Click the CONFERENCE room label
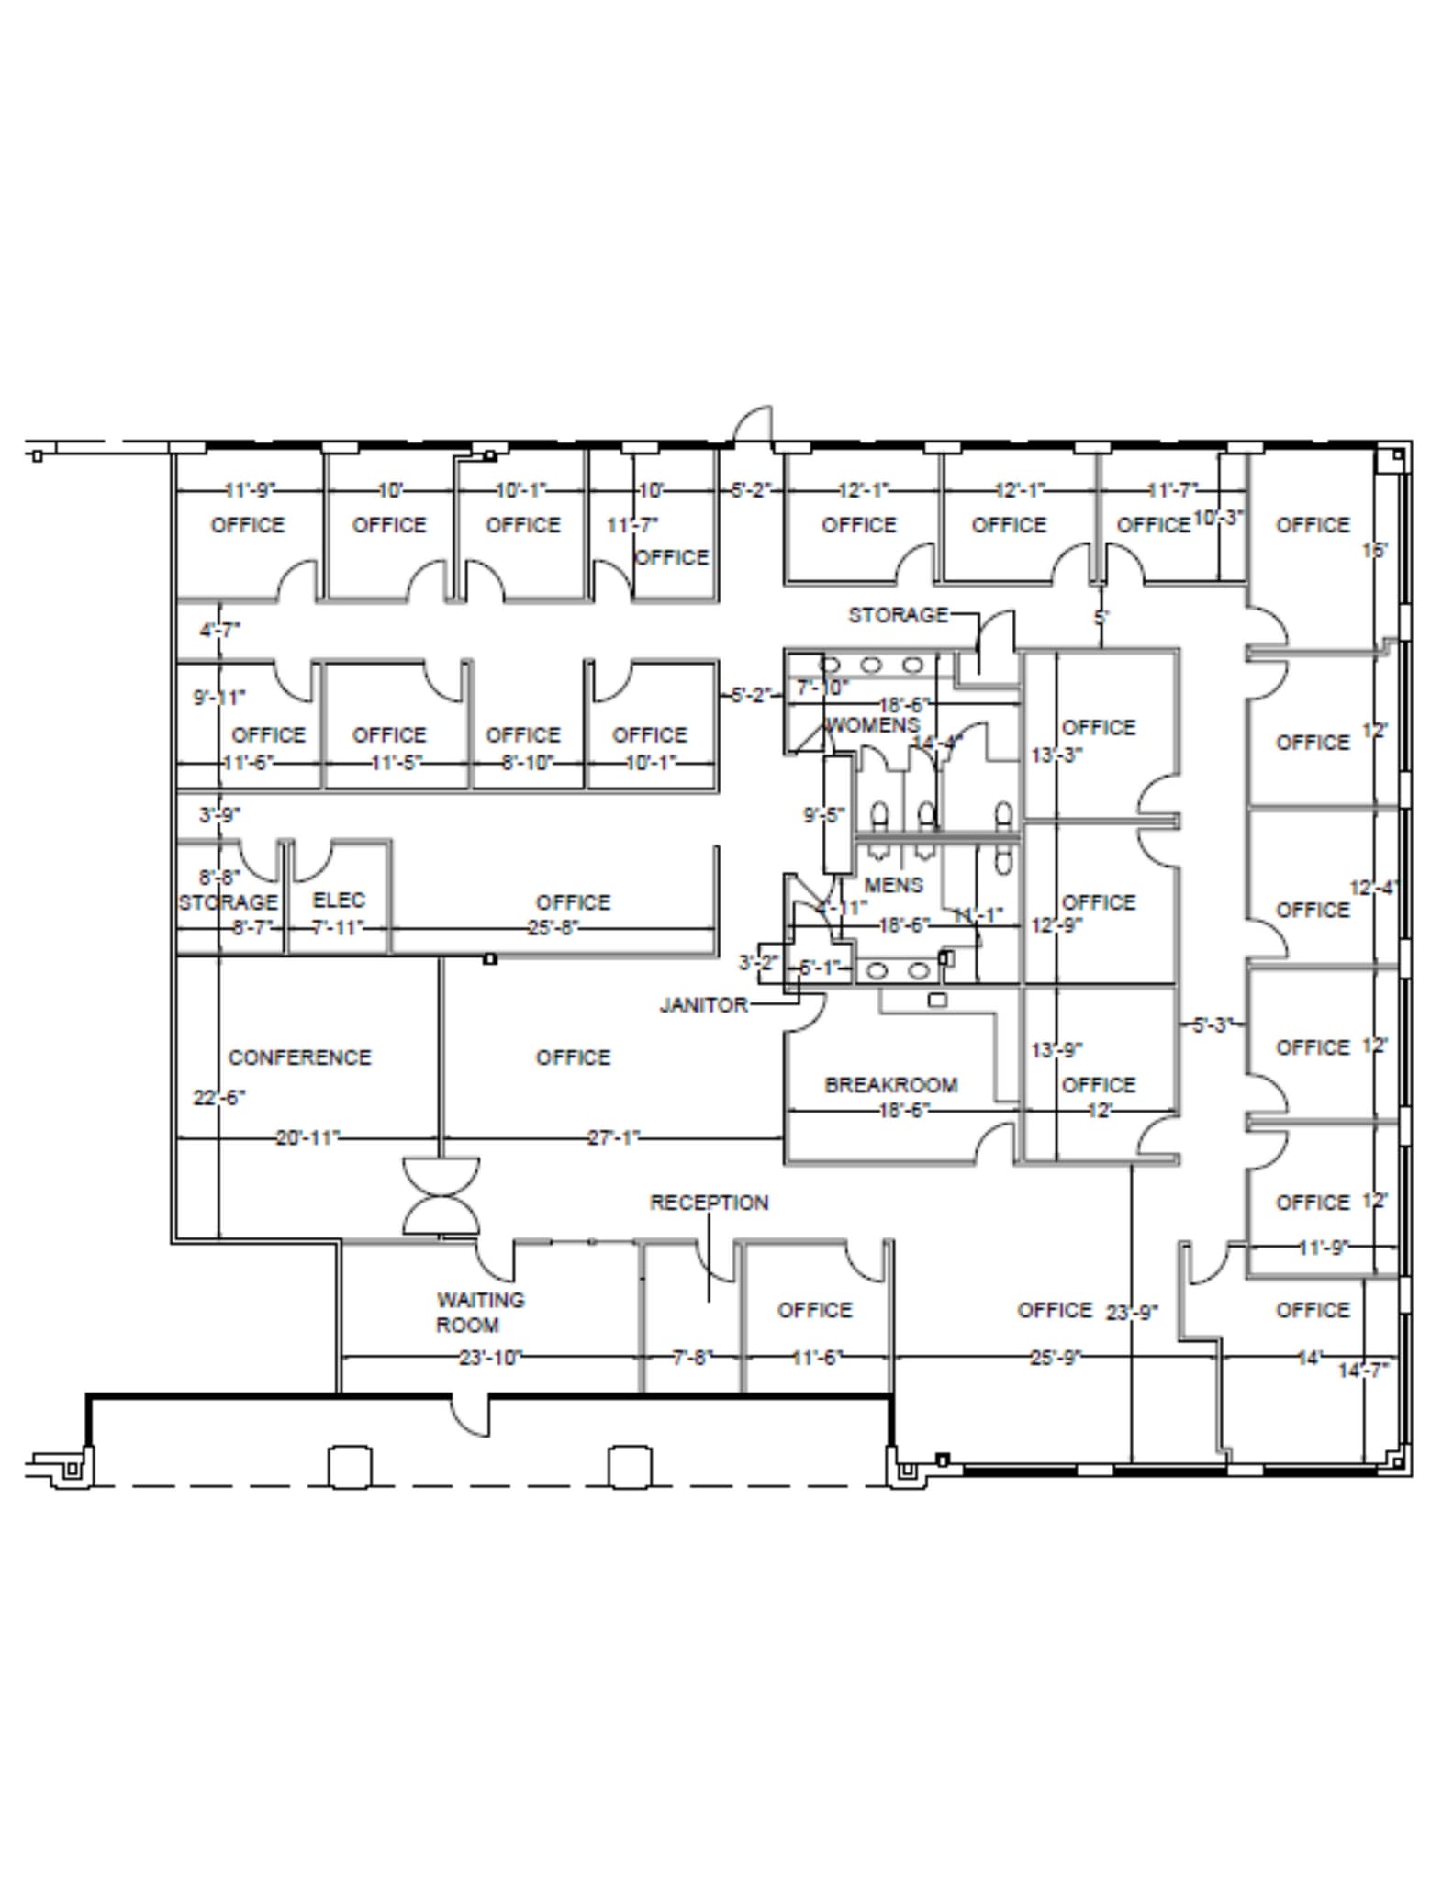[x=299, y=1057]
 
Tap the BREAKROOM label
[x=890, y=1085]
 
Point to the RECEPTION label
[x=709, y=1203]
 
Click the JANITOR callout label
[x=703, y=1005]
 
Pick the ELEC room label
[x=339, y=900]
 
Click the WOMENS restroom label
[x=871, y=725]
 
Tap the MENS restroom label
[x=893, y=885]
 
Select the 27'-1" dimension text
[x=613, y=1138]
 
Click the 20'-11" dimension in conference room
[x=307, y=1138]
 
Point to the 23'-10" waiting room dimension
[x=490, y=1357]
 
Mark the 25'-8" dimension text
[x=553, y=928]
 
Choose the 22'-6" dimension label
[x=218, y=1098]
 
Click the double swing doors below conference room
[x=441, y=1195]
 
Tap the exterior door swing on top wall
[x=753, y=424]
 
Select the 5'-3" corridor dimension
[x=1211, y=1024]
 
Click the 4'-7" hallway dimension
[x=220, y=631]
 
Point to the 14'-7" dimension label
[x=1362, y=1371]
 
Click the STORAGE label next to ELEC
[x=228, y=902]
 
